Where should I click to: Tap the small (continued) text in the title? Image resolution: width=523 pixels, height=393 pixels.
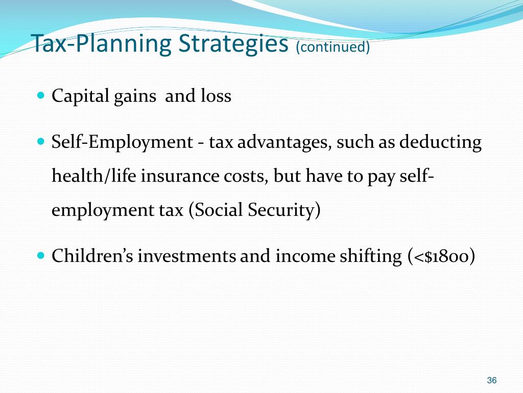332,47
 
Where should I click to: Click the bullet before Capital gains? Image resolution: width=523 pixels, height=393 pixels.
41,95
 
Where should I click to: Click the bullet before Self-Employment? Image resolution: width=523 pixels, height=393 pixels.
41,141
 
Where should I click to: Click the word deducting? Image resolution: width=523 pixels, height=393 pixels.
440,142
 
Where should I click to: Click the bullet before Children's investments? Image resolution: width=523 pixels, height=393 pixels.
41,255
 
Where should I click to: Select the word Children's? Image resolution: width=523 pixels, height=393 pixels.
92,256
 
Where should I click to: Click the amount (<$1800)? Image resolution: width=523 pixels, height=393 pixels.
441,256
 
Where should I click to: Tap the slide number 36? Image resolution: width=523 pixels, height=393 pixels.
492,380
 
